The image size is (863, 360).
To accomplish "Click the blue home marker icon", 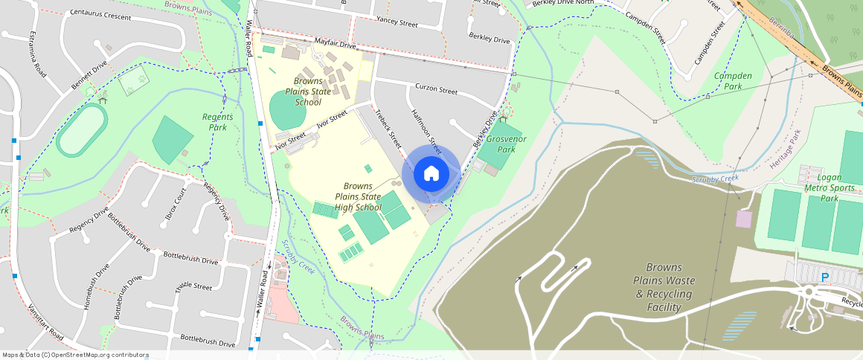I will tap(431, 174).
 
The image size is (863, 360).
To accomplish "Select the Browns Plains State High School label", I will tap(358, 197).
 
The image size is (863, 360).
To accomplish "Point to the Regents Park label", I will tap(217, 122).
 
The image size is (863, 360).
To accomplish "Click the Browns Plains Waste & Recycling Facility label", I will tap(664, 287).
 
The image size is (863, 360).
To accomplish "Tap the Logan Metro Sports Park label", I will tap(838, 187).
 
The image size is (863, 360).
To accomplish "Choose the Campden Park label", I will tap(733, 81).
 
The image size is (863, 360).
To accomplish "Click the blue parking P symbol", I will tap(824, 277).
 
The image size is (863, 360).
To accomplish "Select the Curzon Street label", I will tap(436, 90).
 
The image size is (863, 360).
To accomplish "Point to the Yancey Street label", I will tap(397, 22).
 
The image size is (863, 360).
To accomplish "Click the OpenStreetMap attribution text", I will tap(75, 356).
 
